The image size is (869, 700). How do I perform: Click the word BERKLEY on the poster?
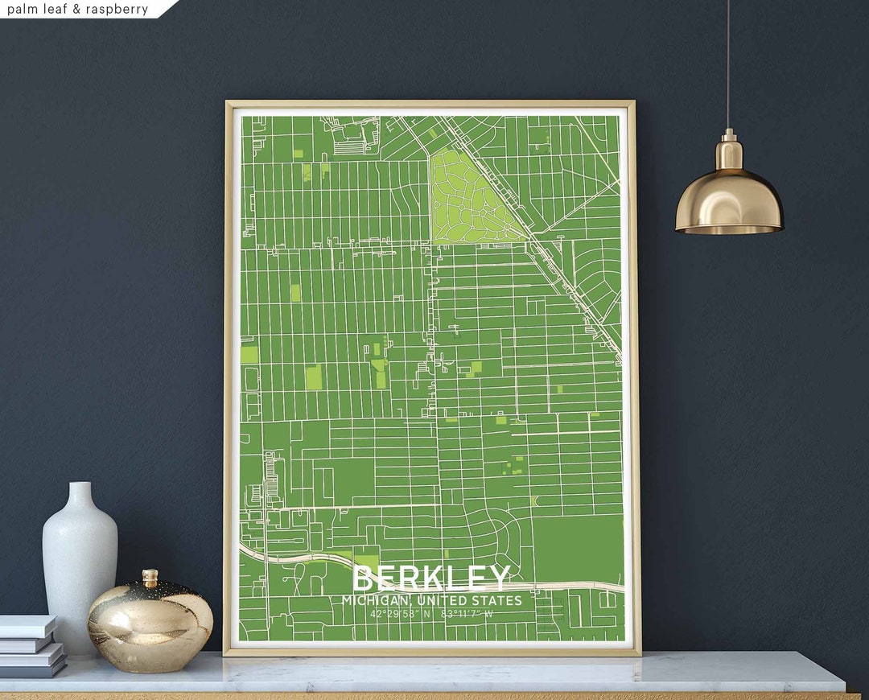(x=431, y=578)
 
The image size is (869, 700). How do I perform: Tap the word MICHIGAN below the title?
(x=374, y=600)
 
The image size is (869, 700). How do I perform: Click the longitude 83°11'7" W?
(x=467, y=614)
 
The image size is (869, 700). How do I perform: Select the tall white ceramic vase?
(x=80, y=563)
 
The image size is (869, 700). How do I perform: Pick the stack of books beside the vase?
(x=31, y=645)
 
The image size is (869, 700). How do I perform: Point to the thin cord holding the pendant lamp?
(x=728, y=64)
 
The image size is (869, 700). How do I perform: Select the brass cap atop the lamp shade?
(x=729, y=150)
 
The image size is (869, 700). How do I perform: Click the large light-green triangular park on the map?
(x=463, y=201)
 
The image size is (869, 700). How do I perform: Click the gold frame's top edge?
(x=430, y=104)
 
